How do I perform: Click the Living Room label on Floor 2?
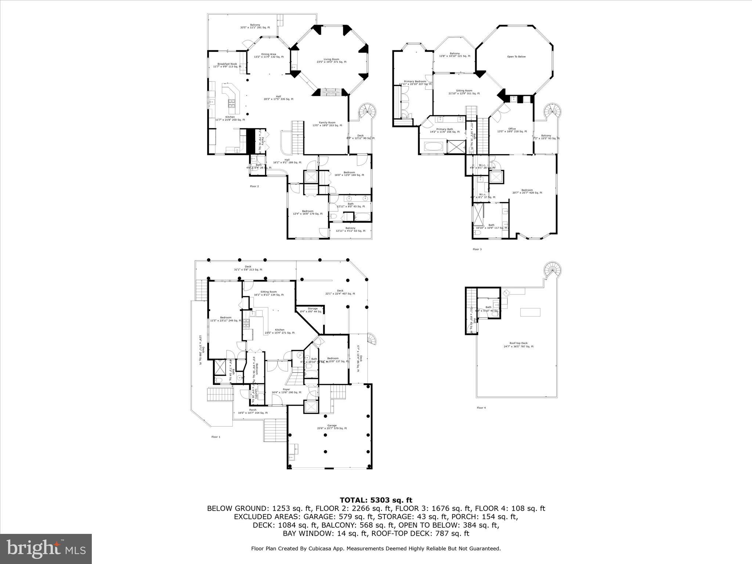[331, 59]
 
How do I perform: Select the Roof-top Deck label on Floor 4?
[518, 343]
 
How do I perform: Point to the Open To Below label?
[516, 57]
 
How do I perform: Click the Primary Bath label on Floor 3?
[444, 129]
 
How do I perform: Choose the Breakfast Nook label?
[227, 64]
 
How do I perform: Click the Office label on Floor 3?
[512, 129]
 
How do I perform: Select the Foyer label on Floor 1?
[286, 389]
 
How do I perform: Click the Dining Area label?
[268, 54]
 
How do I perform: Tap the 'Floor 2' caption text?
[254, 186]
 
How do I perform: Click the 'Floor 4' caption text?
[481, 408]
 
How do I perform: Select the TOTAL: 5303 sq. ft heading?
[376, 500]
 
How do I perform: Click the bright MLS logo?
[46, 549]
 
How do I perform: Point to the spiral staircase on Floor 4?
[552, 271]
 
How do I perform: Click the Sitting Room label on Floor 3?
[464, 91]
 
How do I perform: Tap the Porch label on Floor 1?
[253, 410]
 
